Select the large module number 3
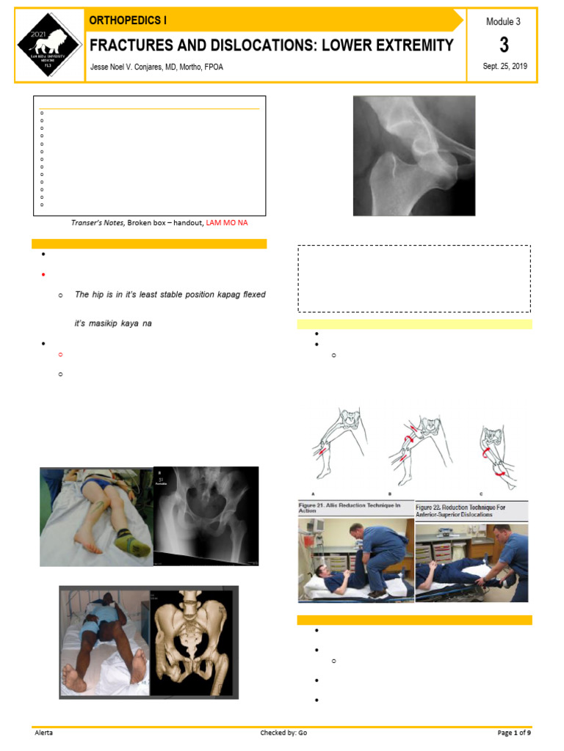[x=504, y=45]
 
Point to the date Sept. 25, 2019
[x=505, y=67]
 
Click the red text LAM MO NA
[x=227, y=223]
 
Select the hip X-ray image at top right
[x=413, y=155]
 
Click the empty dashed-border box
[x=413, y=279]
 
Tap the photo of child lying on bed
[x=96, y=517]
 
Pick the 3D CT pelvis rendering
[x=193, y=641]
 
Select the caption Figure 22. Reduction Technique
[x=470, y=508]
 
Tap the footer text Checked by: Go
[x=283, y=733]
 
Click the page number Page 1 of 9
[x=513, y=733]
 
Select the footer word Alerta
[x=44, y=733]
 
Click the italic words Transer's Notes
[x=97, y=223]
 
